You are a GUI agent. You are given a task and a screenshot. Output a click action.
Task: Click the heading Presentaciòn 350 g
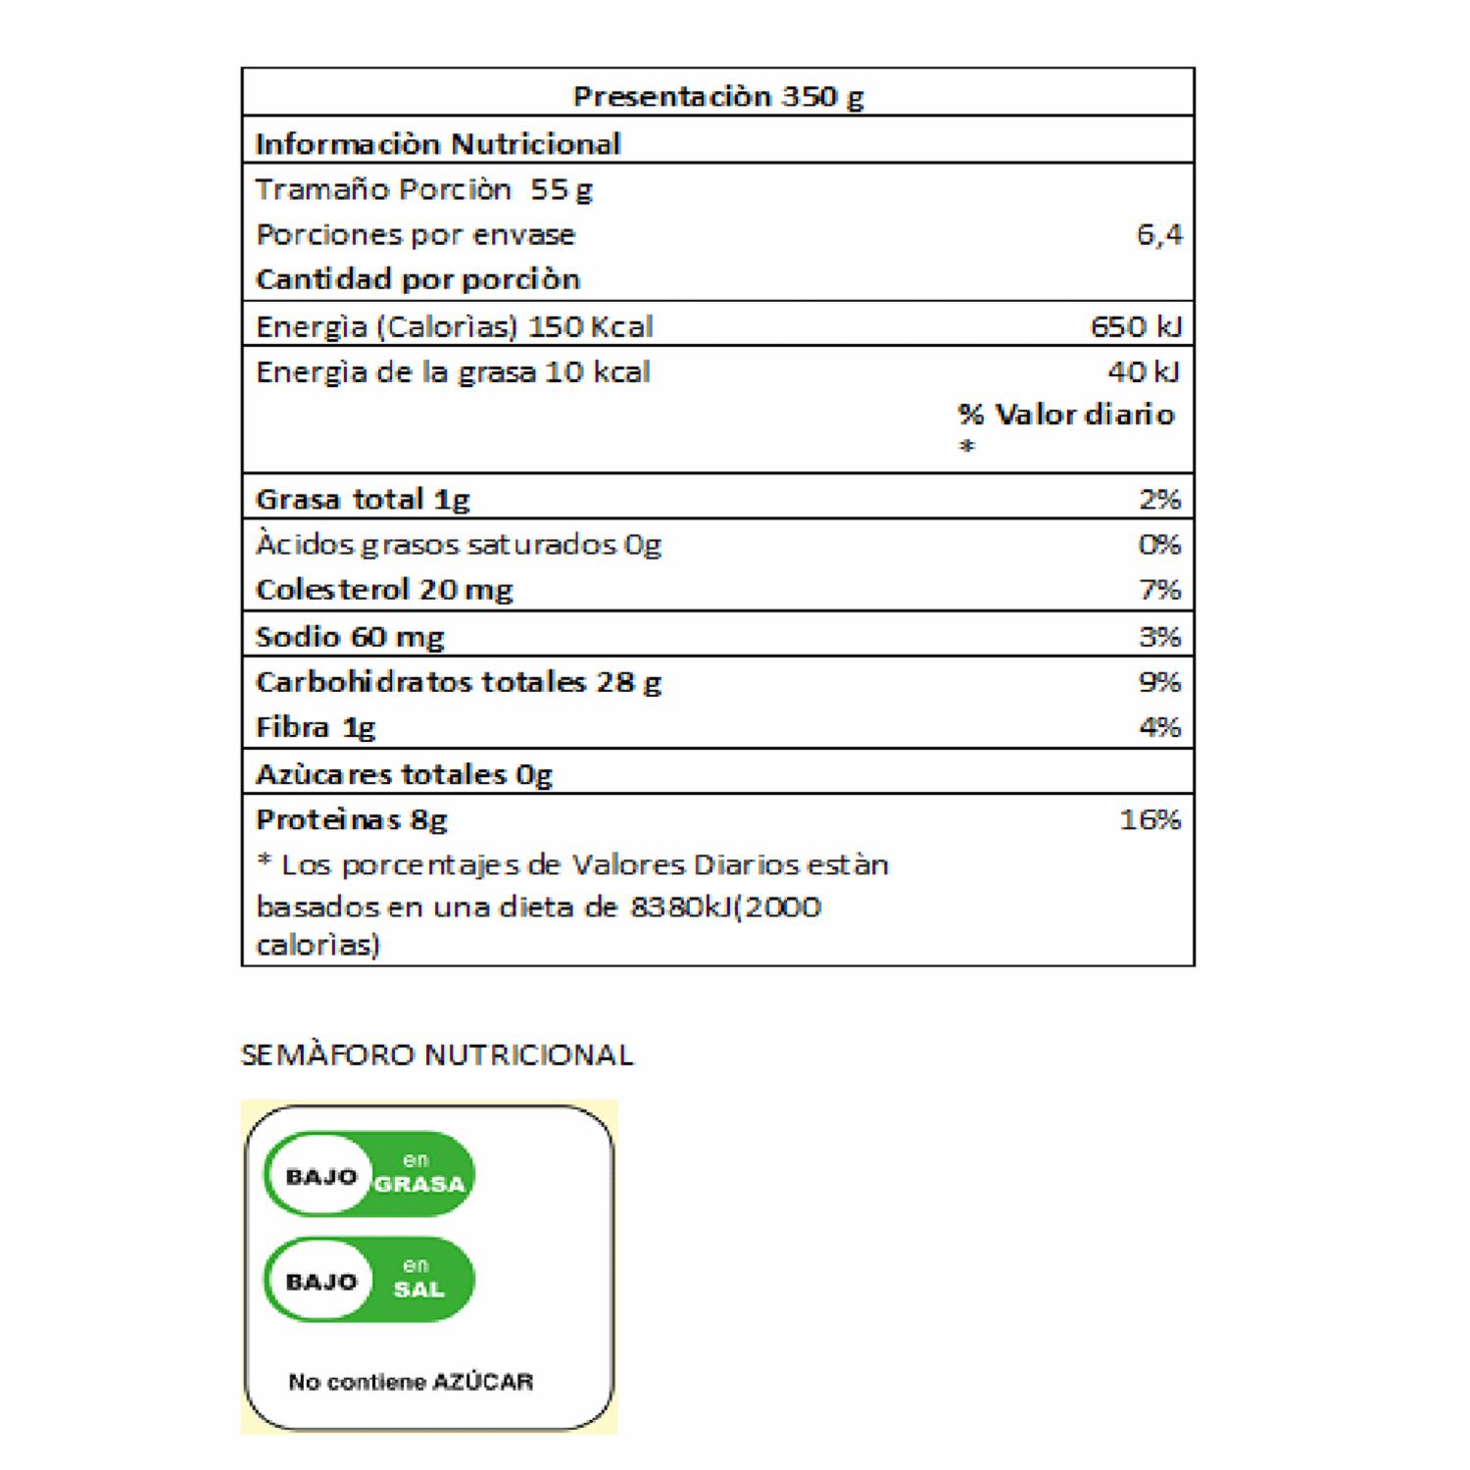coord(717,96)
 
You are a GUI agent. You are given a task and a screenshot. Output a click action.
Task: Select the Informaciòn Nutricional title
coord(437,144)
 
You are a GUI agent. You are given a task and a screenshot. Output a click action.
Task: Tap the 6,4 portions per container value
coord(1158,235)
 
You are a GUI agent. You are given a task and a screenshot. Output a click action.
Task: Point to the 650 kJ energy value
coord(1136,326)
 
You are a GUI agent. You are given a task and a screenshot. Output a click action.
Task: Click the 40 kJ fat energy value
coord(1143,372)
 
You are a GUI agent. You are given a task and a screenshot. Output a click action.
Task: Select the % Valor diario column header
coord(1065,415)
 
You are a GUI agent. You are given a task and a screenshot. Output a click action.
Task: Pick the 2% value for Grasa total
coord(1159,500)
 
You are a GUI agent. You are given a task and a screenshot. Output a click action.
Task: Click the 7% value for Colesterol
coord(1159,590)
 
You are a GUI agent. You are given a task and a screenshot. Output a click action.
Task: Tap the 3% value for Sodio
coord(1159,637)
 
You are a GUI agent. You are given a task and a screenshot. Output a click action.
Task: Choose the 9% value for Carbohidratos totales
coord(1159,682)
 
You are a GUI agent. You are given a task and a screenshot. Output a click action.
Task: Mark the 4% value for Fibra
coord(1159,727)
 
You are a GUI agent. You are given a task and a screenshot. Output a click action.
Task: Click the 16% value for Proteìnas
coord(1150,819)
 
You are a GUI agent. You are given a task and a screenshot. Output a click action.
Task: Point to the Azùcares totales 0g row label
coord(404,775)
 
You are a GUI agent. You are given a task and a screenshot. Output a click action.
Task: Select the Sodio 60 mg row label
coord(350,637)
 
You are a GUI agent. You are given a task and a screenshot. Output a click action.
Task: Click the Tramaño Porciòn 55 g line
coord(423,189)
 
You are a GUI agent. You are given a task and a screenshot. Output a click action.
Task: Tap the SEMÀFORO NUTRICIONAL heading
coord(437,1054)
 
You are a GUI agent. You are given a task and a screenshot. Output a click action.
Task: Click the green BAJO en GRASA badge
coord(369,1174)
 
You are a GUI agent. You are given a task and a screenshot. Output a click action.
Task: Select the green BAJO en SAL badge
coord(369,1280)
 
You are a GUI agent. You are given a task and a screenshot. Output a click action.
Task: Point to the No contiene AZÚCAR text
coord(411,1382)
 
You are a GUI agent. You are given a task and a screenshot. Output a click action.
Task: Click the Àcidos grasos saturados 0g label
coord(458,545)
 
